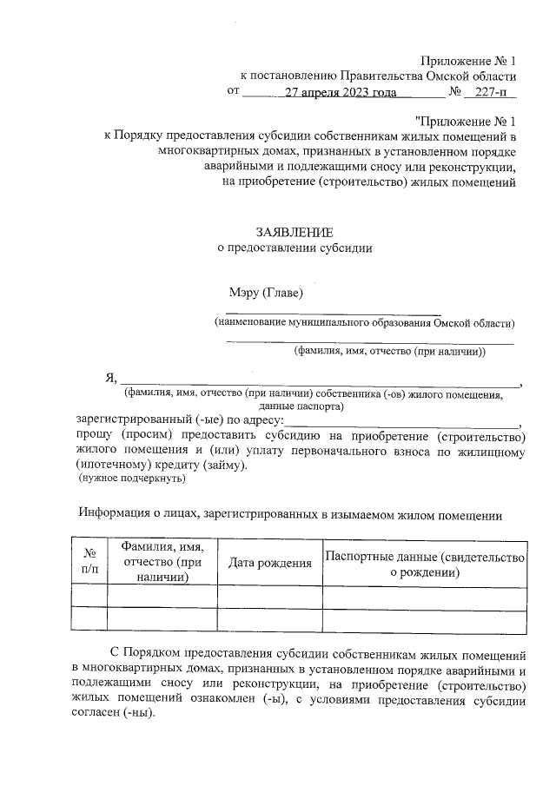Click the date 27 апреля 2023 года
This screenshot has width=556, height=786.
click(x=341, y=91)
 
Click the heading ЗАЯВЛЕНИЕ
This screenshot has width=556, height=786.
click(x=294, y=232)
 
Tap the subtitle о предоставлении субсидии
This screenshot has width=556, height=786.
click(x=294, y=248)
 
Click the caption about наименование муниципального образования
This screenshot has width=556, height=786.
click(x=365, y=323)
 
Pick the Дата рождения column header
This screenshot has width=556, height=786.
click(x=269, y=563)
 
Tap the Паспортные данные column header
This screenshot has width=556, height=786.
click(x=425, y=564)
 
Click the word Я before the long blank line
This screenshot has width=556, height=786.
click(x=109, y=377)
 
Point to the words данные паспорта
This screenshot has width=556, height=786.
click(x=301, y=406)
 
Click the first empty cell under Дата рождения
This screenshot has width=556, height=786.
click(x=269, y=595)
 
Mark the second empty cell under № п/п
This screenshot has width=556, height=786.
click(x=89, y=618)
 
